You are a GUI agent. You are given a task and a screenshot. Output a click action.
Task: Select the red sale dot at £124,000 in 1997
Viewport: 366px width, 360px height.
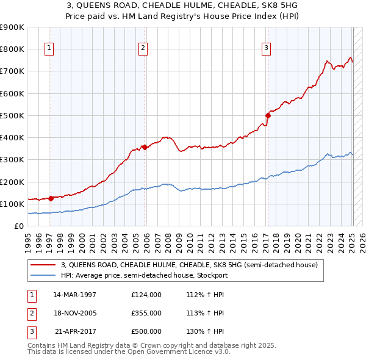pos(51,198)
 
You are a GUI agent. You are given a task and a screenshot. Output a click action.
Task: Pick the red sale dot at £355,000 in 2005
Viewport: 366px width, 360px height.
pos(145,147)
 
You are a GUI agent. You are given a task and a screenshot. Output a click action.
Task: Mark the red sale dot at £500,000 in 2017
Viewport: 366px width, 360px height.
pos(268,115)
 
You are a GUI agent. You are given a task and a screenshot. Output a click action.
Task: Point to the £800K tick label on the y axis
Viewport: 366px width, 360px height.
pos(12,49)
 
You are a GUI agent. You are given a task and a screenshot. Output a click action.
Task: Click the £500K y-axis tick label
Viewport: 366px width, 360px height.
pos(12,115)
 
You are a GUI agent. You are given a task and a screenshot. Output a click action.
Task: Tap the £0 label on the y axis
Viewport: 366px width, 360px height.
pos(18,226)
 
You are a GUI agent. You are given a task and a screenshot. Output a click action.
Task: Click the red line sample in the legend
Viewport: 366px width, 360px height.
pos(43,265)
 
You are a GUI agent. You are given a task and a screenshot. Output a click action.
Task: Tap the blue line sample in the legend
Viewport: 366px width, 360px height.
pos(43,275)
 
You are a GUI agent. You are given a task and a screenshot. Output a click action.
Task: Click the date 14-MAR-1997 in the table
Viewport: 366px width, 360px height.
pos(75,295)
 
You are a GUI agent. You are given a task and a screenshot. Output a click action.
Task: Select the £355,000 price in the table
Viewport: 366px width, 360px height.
pos(146,313)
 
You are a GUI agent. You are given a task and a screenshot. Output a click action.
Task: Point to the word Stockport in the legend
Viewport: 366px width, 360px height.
pos(211,275)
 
